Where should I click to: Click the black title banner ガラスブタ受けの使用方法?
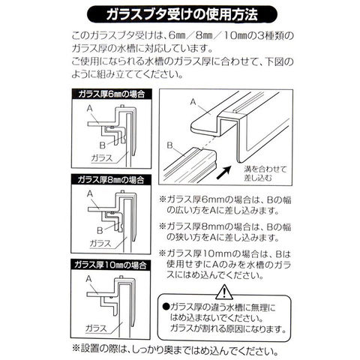click(x=182, y=14)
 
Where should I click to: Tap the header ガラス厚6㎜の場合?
click(x=112, y=94)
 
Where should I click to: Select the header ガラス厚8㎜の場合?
click(x=111, y=179)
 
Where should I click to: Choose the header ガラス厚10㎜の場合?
click(x=111, y=265)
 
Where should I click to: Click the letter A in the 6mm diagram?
click(x=90, y=109)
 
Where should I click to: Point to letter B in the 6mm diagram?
click(x=102, y=145)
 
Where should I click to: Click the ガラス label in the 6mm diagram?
click(x=102, y=158)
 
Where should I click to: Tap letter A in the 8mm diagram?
click(x=90, y=193)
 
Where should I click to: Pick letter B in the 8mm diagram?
click(x=100, y=230)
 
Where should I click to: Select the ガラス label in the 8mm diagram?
click(x=100, y=243)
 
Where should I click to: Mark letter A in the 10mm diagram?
click(x=88, y=279)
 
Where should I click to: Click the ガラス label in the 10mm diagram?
click(x=96, y=328)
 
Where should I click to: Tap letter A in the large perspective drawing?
click(x=193, y=102)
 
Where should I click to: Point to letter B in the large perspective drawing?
click(x=169, y=145)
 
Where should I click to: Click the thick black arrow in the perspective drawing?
click(x=223, y=172)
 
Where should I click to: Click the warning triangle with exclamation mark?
click(x=224, y=292)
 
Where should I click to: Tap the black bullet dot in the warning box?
click(x=166, y=306)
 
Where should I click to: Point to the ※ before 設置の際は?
click(x=76, y=348)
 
